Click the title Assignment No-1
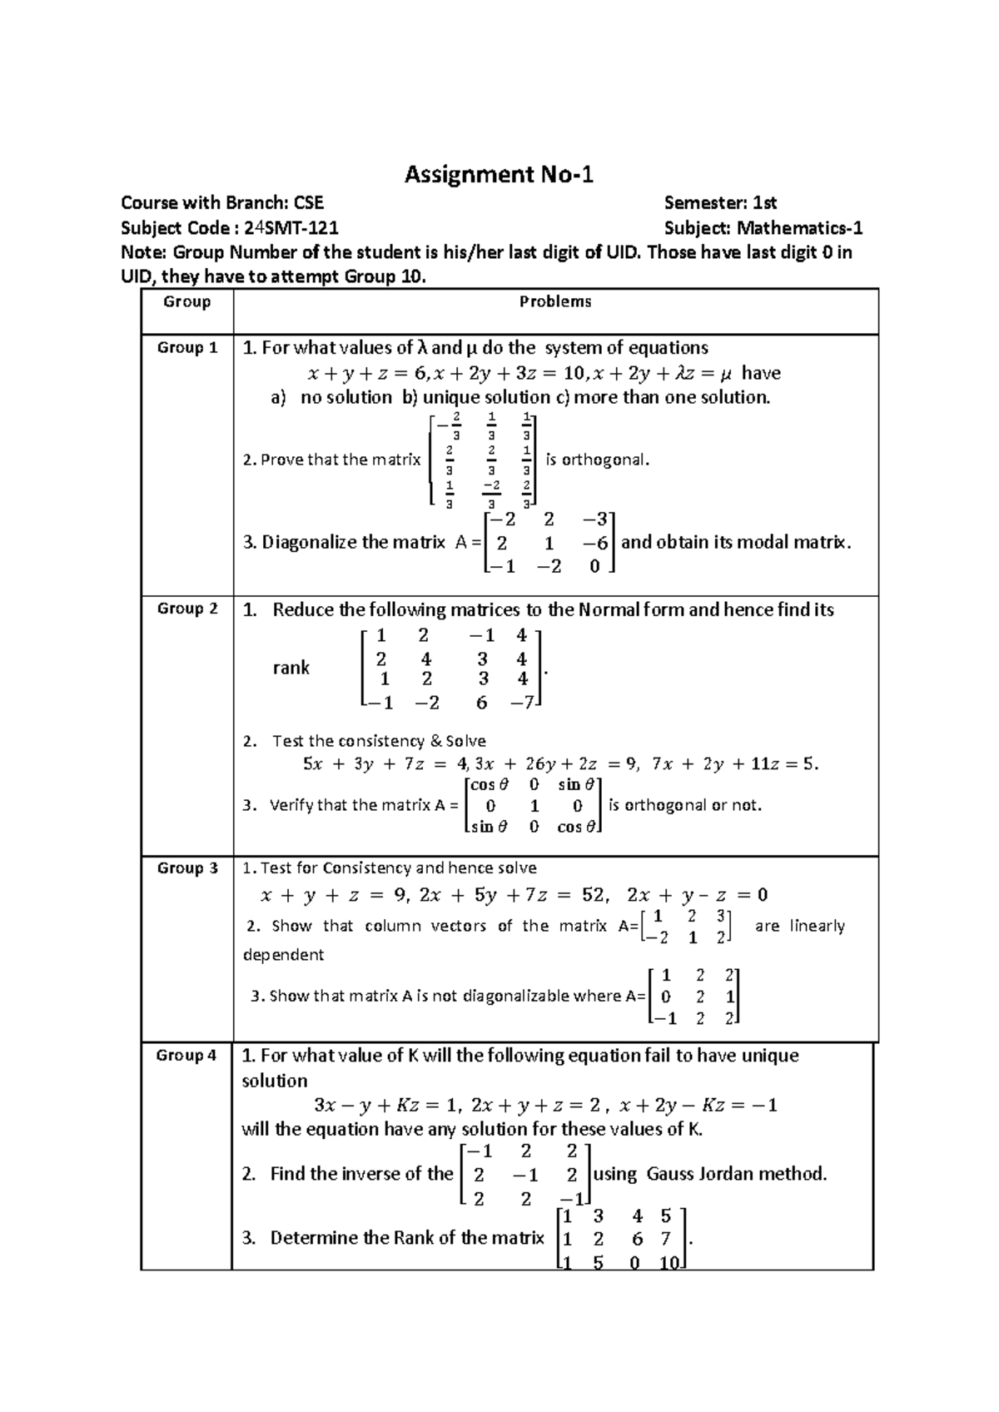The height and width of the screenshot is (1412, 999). [499, 175]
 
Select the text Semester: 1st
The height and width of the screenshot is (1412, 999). [720, 202]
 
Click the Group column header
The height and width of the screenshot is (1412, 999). [187, 302]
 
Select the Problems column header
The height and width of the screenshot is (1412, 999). [555, 302]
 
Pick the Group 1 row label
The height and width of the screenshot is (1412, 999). [187, 348]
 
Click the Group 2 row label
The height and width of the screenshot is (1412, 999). [187, 609]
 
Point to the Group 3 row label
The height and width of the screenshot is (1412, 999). [187, 868]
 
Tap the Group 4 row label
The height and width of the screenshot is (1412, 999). [187, 1056]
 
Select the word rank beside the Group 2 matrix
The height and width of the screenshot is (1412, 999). [291, 668]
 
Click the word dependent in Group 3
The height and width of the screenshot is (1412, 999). [283, 955]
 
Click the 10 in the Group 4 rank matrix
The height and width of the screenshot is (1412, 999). [669, 1263]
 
